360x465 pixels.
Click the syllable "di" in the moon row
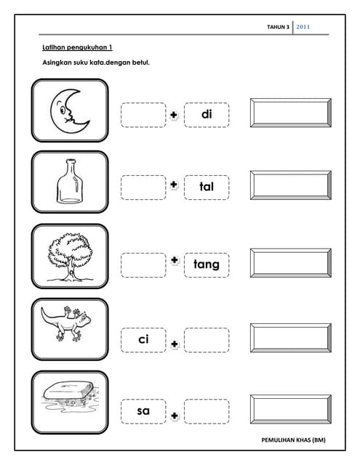tap(207, 114)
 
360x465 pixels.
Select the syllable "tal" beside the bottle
tap(207, 187)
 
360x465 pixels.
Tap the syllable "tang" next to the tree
tap(207, 264)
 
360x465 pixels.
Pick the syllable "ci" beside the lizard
tap(143, 339)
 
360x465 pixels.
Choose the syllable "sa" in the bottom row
tap(143, 411)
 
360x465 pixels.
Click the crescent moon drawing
tap(69, 111)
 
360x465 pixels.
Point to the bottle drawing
tap(70, 181)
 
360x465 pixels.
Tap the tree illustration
tap(70, 256)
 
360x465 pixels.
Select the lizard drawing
tap(66, 323)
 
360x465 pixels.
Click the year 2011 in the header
tap(303, 27)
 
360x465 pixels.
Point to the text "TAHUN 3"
tap(278, 27)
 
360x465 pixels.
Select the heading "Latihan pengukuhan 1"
tap(77, 47)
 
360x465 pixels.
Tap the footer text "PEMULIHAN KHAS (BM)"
tap(293, 440)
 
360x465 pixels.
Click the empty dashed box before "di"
tap(143, 115)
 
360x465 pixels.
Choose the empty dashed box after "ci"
tap(207, 340)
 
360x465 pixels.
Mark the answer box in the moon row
tap(291, 113)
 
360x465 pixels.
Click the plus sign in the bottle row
tap(174, 185)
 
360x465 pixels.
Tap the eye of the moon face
tap(63, 110)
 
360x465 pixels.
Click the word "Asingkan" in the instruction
tap(55, 62)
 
